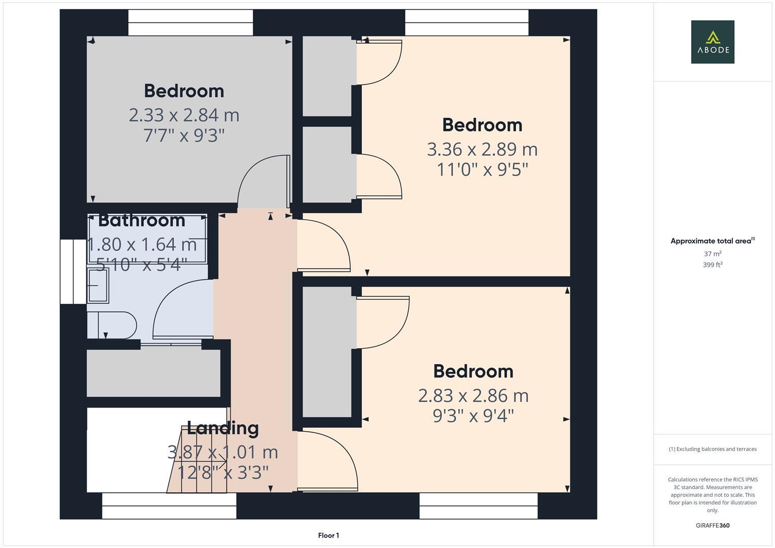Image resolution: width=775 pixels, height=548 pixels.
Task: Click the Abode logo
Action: [712, 42]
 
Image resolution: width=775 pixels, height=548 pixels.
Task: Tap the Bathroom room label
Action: [142, 220]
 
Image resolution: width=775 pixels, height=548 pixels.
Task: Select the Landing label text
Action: [223, 428]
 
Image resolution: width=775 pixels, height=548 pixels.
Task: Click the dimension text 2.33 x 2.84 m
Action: [184, 115]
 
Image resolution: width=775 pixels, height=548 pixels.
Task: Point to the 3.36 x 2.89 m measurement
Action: [482, 149]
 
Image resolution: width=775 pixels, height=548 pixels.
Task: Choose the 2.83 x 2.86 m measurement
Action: [473, 395]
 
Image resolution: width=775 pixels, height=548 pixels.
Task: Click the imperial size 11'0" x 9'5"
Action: [482, 169]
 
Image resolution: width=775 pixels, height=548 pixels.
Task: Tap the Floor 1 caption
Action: [328, 535]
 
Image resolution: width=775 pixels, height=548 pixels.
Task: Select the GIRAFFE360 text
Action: [712, 525]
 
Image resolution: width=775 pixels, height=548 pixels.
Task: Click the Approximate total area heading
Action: [712, 241]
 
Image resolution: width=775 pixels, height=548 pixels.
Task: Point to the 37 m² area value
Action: [712, 254]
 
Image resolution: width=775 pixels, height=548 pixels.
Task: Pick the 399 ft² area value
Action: [712, 265]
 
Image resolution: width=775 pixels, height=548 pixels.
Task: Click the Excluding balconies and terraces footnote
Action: [712, 449]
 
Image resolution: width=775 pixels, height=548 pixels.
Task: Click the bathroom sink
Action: [98, 285]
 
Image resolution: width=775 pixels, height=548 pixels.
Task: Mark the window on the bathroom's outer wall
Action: [73, 271]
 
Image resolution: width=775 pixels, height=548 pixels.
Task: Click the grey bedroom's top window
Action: [190, 23]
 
